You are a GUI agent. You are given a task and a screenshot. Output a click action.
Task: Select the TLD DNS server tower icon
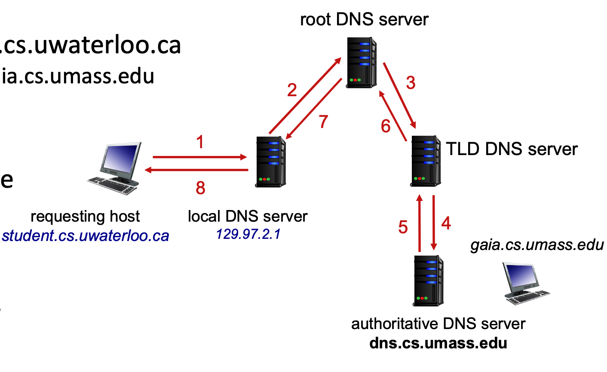coord(426,161)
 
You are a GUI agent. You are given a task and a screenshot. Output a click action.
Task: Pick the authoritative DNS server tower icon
coord(428,281)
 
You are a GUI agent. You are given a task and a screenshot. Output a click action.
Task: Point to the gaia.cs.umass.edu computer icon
coord(525,284)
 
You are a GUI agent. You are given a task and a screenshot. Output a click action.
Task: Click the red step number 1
coord(200,142)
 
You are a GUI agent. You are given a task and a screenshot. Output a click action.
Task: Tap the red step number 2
coord(292,90)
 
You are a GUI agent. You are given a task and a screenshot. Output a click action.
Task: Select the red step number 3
coord(411,83)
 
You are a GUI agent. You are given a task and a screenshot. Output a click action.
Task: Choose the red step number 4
coord(446,223)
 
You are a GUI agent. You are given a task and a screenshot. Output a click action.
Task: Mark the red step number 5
coord(403,227)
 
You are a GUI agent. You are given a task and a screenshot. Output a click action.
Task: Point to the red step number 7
coord(323,122)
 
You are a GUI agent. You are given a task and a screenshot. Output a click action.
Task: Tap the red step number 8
coord(200,188)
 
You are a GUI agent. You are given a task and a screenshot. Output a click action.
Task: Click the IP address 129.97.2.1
coord(248,234)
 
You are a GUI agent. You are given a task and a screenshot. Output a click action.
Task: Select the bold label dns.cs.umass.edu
coord(438,343)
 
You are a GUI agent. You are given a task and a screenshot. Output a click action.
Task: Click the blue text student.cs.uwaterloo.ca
coord(86,236)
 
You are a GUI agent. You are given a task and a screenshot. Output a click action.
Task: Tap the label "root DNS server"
coord(364,20)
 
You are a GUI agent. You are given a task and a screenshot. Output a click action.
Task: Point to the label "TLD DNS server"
coord(512,149)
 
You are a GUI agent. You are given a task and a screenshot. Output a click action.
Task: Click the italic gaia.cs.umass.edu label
coord(537,245)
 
